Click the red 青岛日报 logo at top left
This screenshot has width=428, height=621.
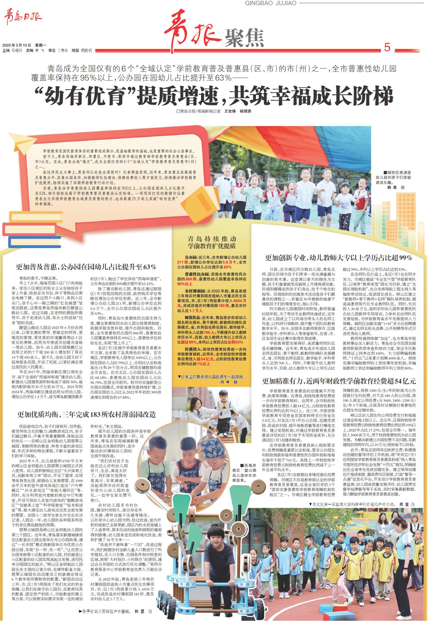23,18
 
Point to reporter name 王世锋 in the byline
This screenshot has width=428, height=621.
230,111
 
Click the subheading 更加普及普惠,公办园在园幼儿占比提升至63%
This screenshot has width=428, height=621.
86,267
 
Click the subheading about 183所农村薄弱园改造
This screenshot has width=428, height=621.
86,415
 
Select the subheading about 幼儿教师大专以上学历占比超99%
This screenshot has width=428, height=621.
339,258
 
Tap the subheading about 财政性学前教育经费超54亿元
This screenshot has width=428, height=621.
339,381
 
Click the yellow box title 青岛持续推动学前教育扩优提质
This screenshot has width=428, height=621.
212,242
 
